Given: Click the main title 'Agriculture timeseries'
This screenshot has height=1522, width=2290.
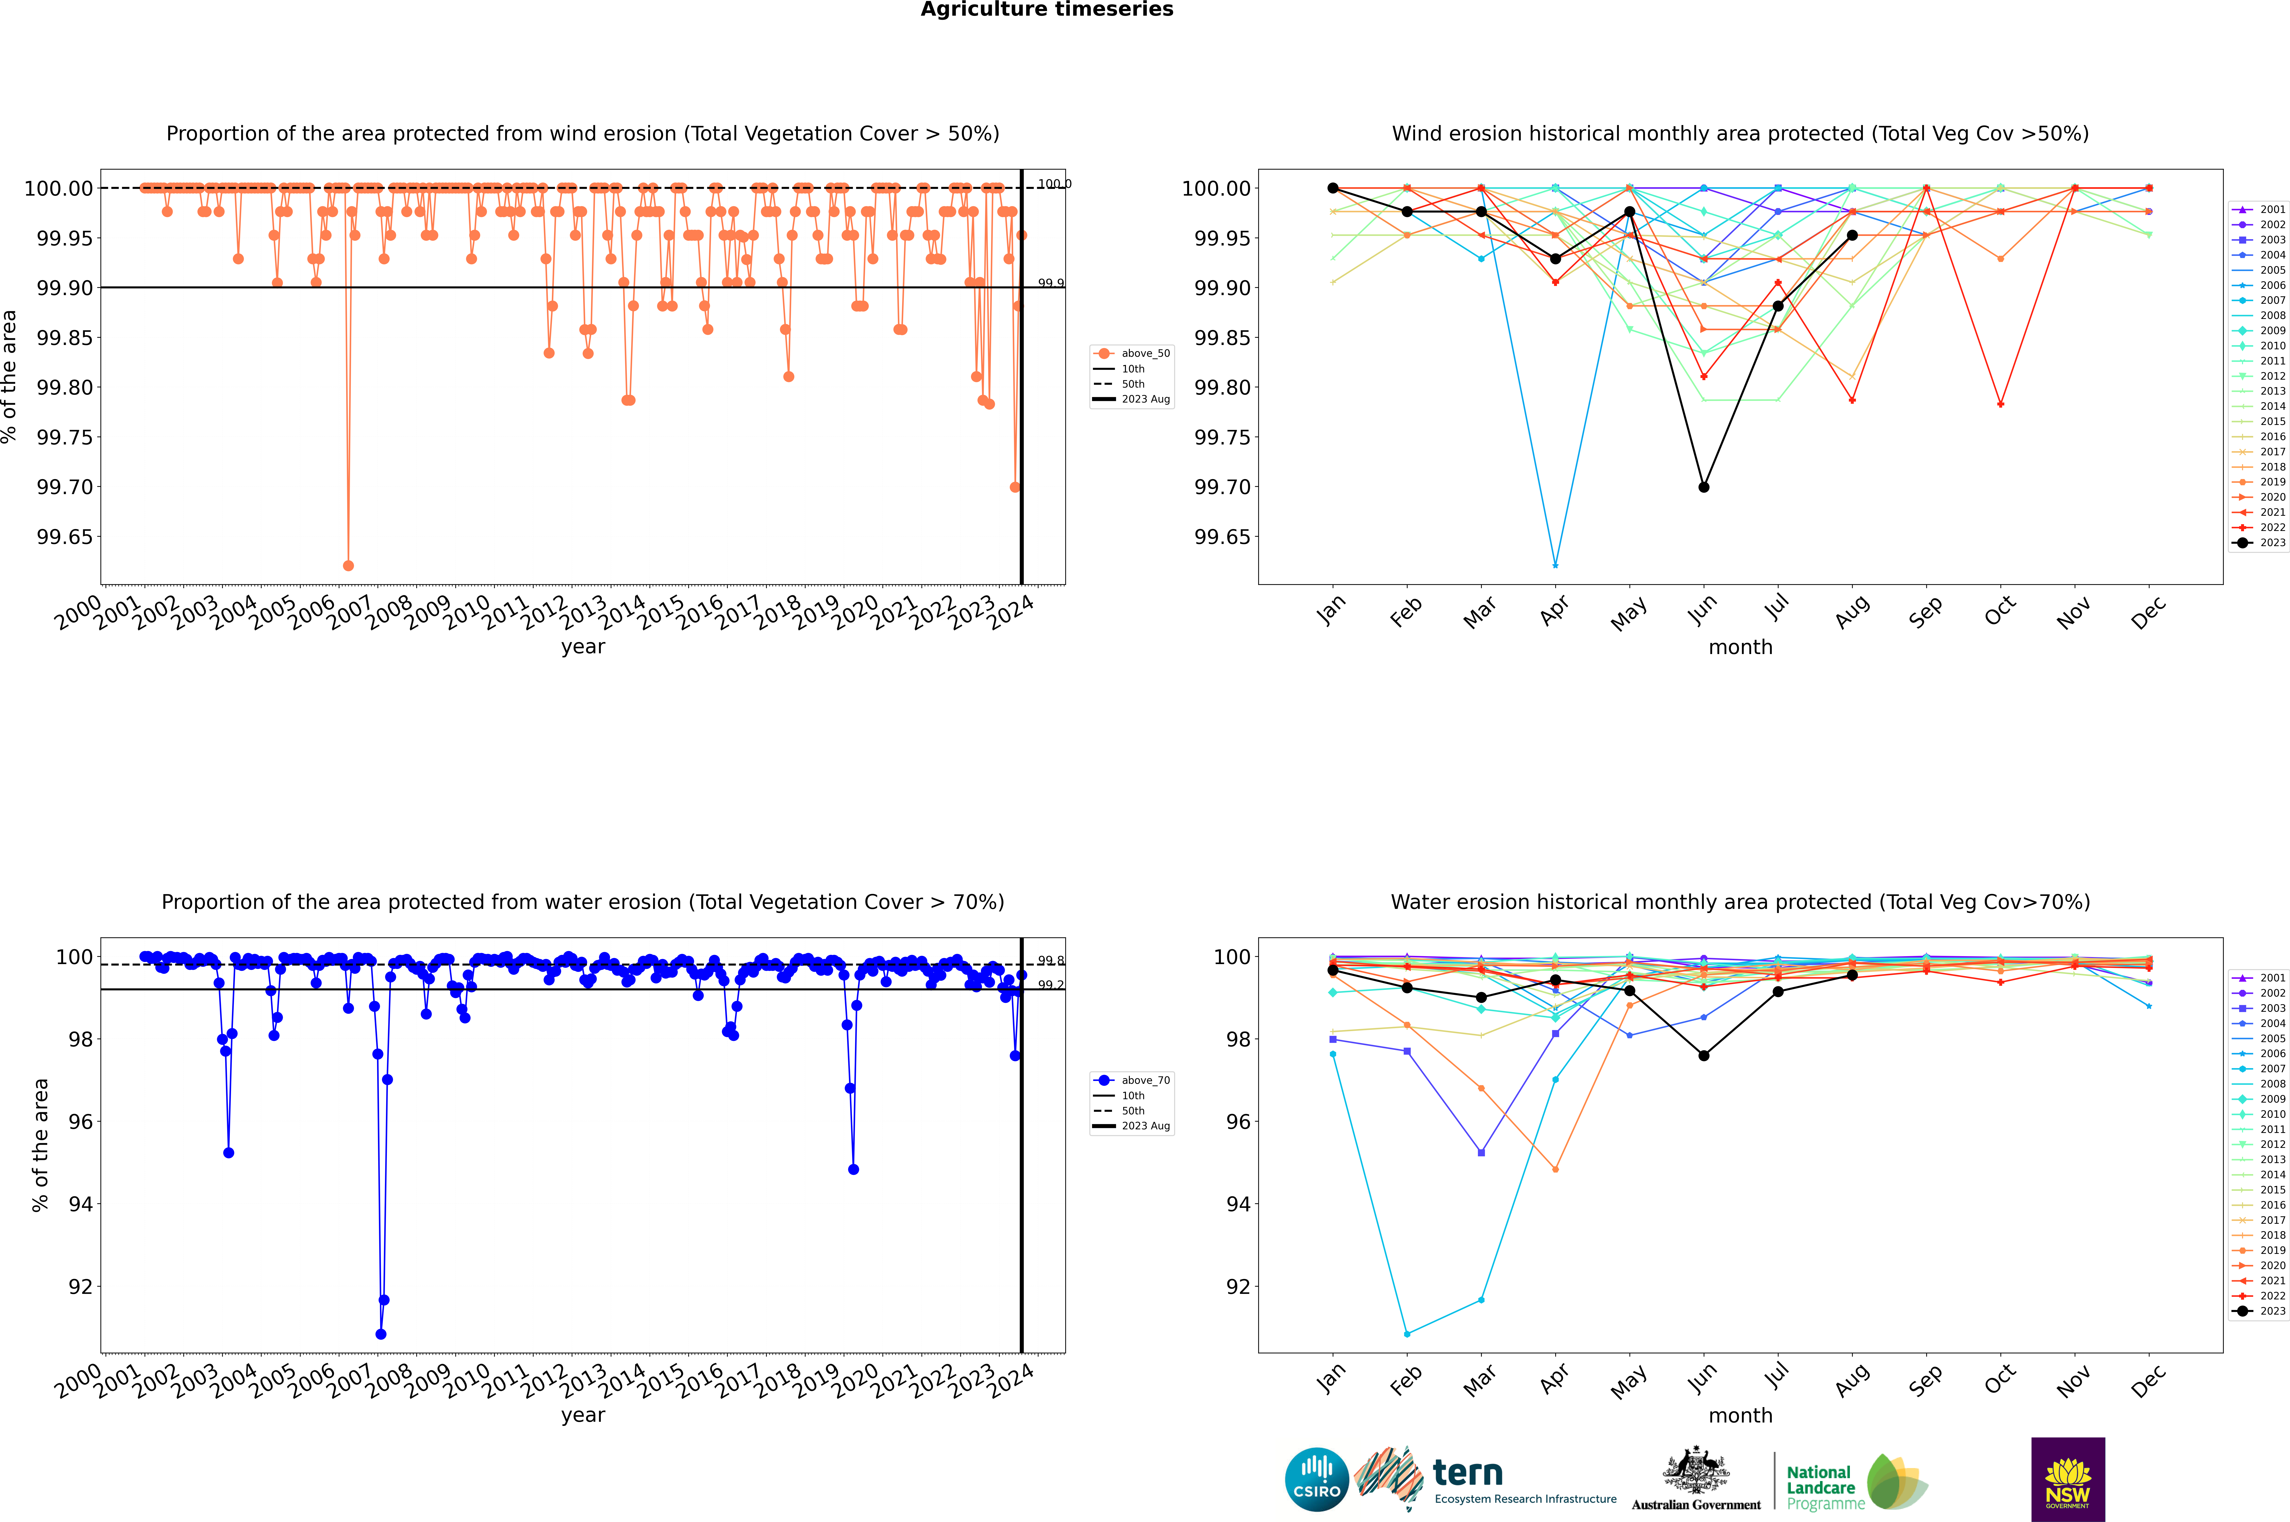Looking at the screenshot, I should click(x=1046, y=10).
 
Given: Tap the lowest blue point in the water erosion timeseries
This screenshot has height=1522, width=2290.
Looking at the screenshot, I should click(x=381, y=1334).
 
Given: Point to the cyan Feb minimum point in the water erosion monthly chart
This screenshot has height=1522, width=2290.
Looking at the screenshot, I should click(x=1407, y=1334).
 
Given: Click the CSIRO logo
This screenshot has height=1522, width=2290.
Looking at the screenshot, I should click(x=1316, y=1479).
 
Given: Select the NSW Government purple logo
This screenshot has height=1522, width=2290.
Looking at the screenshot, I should click(x=2068, y=1479).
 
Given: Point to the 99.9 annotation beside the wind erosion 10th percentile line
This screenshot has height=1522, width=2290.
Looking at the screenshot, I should click(x=1050, y=284).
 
